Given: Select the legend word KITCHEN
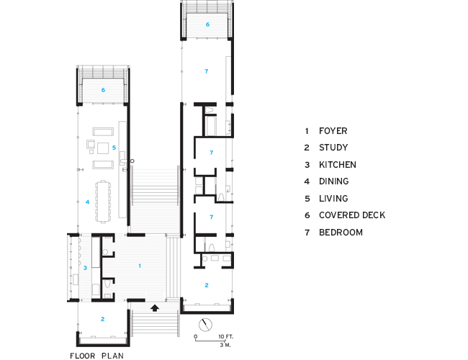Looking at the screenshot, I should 338,165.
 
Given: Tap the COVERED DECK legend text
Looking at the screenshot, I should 352,215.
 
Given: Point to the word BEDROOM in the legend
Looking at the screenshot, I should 341,233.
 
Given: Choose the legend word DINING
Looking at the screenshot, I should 334,181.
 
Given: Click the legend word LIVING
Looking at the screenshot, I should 333,199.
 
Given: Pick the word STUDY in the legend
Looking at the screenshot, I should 333,148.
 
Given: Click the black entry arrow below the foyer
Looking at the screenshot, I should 154,308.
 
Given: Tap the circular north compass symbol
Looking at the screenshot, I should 207,323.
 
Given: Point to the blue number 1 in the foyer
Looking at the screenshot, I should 139,266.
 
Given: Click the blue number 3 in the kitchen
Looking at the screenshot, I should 85,268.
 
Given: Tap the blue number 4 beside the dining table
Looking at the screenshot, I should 87,202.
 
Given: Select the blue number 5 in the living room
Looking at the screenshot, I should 114,148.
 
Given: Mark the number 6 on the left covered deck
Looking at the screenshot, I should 104,90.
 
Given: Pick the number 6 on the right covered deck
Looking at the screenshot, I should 207,24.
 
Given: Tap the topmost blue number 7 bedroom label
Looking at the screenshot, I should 207,71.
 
